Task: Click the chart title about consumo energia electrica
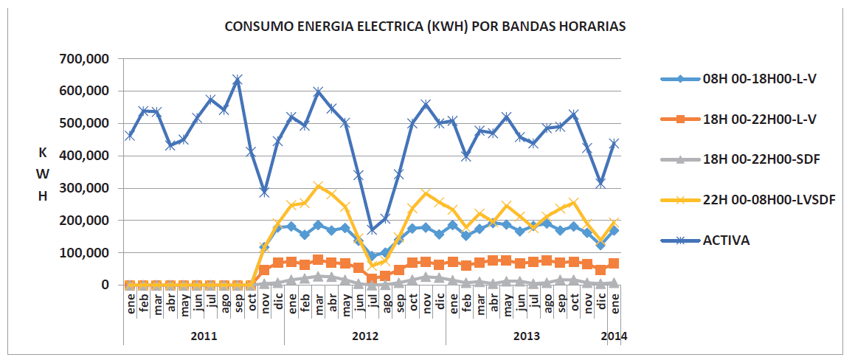pos(425,27)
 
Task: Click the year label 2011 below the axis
pos(204,336)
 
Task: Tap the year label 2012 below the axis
pos(364,336)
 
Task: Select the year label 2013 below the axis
pos(526,336)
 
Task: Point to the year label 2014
pos(614,336)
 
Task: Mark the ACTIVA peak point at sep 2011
pos(238,79)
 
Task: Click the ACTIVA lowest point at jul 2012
pos(372,229)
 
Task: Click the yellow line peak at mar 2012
pos(318,187)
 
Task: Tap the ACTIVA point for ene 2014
pos(614,144)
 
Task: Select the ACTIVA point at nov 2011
pos(264,192)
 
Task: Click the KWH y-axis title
pos(43,174)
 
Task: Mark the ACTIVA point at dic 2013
pos(600,182)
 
